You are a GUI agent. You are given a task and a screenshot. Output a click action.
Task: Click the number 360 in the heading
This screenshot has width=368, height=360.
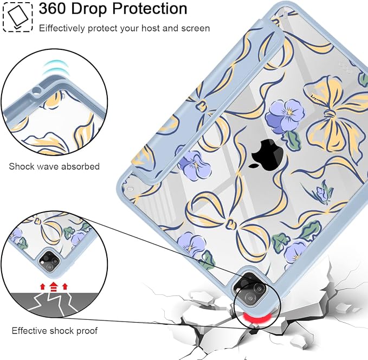click(x=53, y=9)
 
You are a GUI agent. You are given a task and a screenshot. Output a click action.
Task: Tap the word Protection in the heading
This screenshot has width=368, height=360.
click(x=150, y=9)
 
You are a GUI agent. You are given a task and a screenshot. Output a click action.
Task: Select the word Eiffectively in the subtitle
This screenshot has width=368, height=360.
click(x=62, y=28)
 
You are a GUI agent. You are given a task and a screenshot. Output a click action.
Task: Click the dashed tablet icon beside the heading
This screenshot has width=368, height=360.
click(x=17, y=17)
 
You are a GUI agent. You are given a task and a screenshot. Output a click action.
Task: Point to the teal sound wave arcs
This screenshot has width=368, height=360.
click(x=55, y=67)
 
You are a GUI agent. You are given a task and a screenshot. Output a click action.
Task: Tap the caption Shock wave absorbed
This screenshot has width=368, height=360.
click(x=54, y=166)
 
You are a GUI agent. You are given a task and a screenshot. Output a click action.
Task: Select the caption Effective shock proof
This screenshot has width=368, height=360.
click(x=54, y=331)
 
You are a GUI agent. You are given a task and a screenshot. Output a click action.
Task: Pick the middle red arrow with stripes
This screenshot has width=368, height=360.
click(x=54, y=286)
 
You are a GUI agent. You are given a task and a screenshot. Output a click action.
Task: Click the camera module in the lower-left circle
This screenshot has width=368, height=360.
click(x=49, y=261)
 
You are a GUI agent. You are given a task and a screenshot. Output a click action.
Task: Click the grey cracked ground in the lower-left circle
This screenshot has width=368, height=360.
click(x=54, y=305)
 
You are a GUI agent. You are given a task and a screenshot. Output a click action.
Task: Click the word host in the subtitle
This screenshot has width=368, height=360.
click(x=151, y=28)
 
